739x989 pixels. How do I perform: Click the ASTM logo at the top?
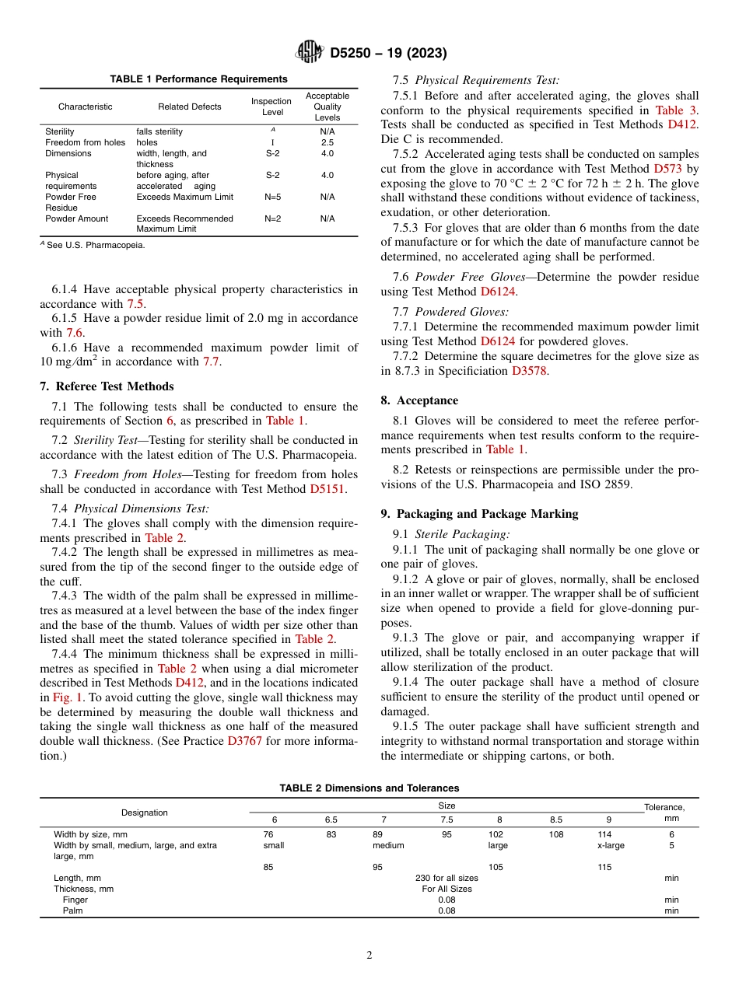tap(309, 53)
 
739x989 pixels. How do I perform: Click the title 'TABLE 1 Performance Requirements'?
tap(198, 79)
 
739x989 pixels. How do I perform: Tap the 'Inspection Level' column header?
tap(271, 107)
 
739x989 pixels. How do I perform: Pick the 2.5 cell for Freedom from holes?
tap(327, 143)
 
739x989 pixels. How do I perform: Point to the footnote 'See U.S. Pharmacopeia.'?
tap(95, 245)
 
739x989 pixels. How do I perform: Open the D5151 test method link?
tap(327, 489)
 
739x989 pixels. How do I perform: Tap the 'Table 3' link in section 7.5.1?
tap(676, 110)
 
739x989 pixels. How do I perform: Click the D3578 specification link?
tap(529, 371)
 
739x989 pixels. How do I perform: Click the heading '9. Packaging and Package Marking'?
tap(479, 514)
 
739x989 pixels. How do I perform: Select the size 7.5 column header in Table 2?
tap(447, 820)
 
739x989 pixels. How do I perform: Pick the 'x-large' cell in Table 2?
tap(611, 845)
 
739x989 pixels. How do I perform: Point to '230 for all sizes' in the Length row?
tap(447, 878)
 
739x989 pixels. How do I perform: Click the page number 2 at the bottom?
tap(369, 956)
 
